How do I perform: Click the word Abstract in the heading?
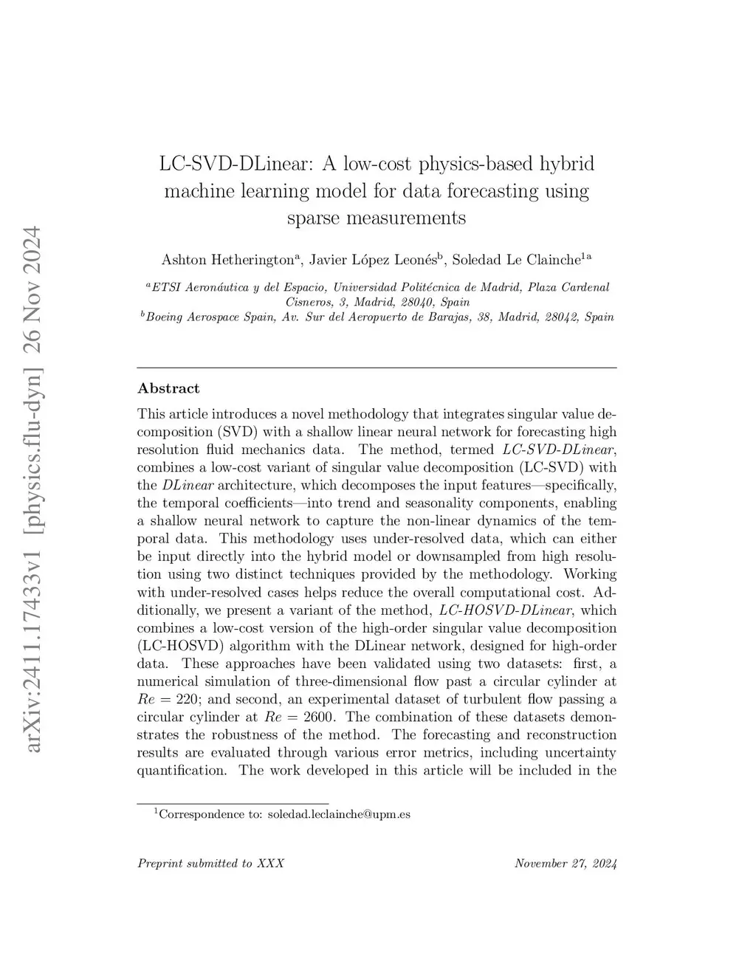[168, 388]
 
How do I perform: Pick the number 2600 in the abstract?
[321, 717]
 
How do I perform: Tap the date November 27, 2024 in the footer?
[566, 864]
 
